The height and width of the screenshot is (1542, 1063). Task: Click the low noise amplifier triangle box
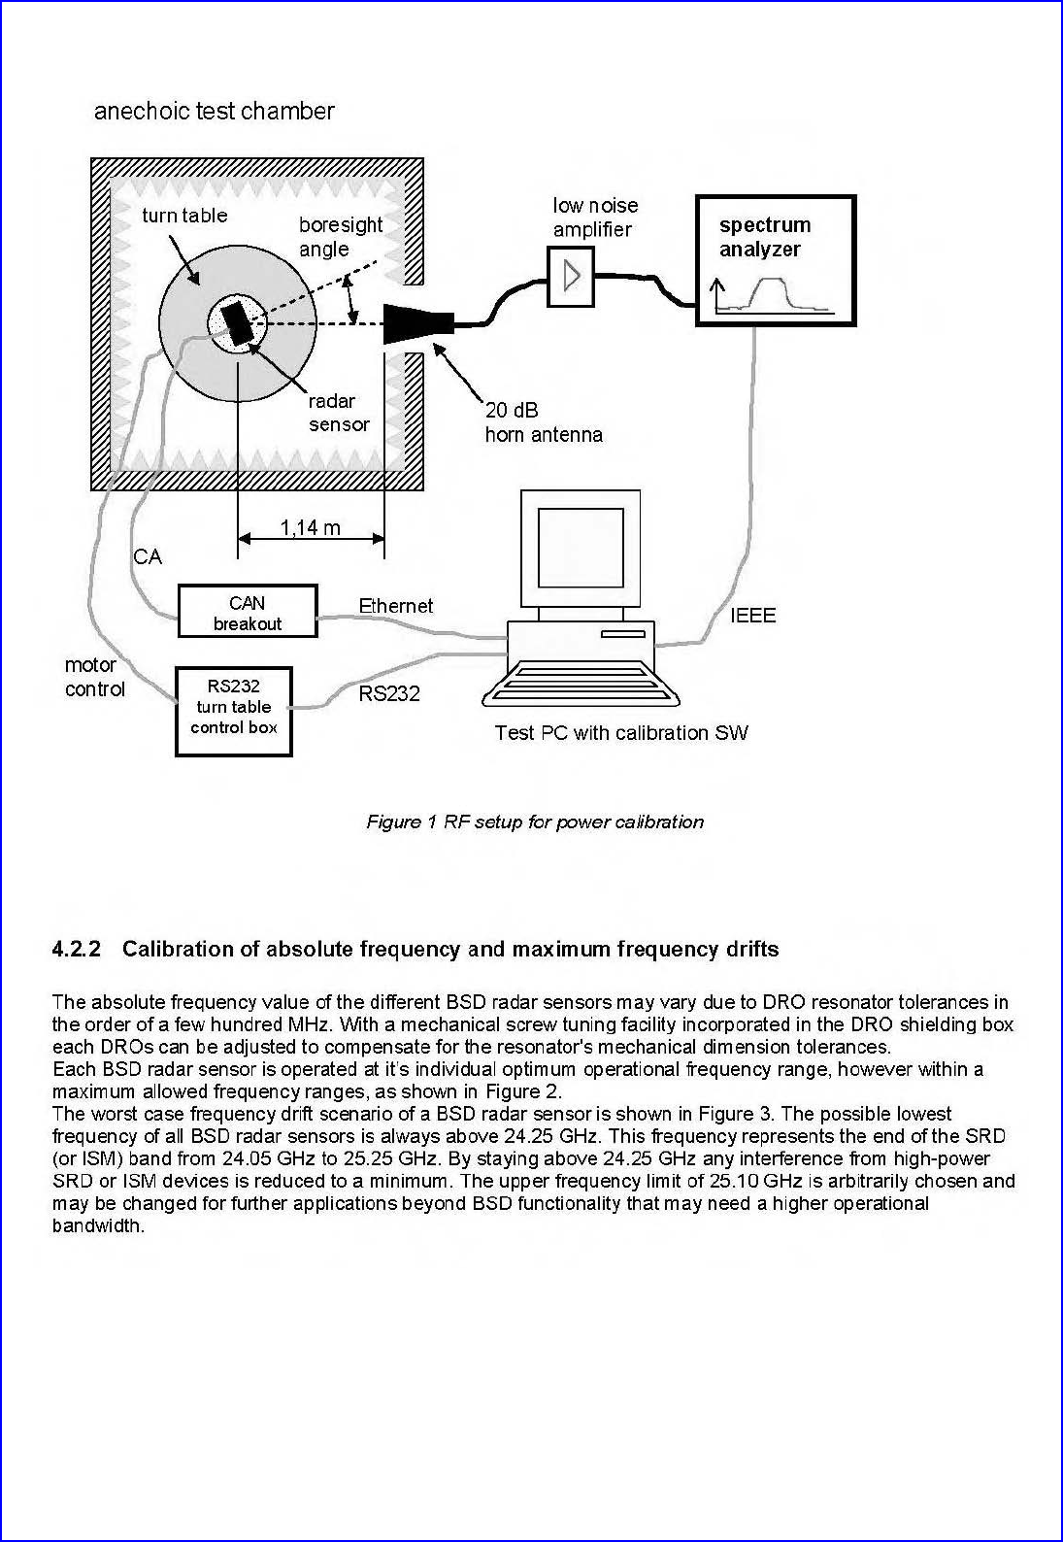(571, 277)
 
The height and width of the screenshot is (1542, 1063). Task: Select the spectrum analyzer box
(776, 260)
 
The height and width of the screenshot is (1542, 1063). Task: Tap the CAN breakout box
(248, 612)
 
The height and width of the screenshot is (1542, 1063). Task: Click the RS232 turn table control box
(234, 711)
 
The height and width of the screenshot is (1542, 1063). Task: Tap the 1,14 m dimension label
(311, 527)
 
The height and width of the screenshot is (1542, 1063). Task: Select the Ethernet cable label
(396, 606)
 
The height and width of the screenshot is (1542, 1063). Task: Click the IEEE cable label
(752, 615)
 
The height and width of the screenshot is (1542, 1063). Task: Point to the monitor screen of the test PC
(581, 548)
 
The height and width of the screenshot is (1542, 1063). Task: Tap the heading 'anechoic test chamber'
(214, 111)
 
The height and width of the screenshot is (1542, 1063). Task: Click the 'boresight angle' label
(341, 236)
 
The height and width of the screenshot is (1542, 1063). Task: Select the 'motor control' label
(95, 677)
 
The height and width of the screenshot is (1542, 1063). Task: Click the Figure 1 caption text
(535, 821)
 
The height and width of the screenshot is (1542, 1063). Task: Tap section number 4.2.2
(77, 949)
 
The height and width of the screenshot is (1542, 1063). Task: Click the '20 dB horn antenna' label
(544, 422)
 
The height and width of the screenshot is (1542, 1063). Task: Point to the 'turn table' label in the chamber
(184, 216)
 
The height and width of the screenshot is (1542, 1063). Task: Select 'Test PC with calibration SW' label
(620, 732)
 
